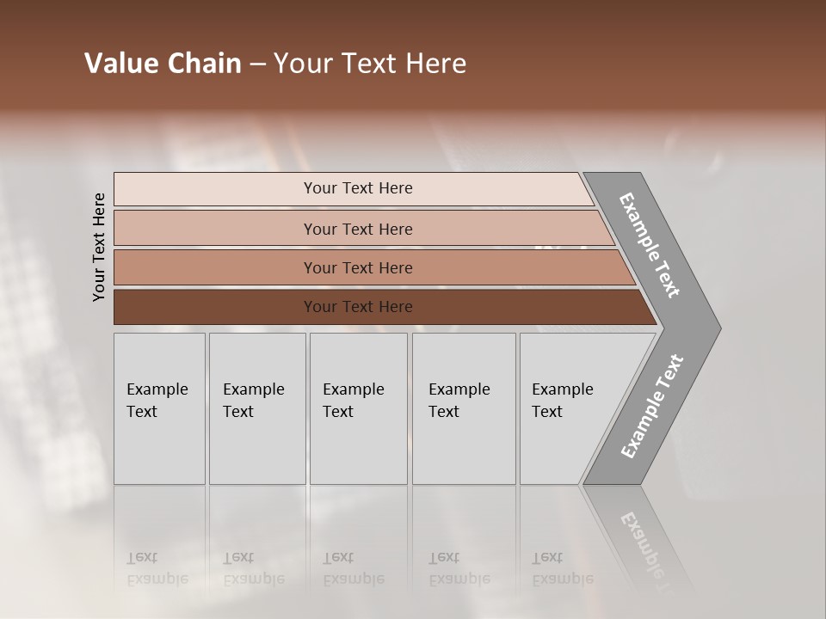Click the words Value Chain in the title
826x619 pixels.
point(163,64)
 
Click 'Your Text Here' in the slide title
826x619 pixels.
point(370,64)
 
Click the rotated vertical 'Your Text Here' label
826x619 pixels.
point(99,248)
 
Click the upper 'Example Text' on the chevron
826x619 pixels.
point(650,245)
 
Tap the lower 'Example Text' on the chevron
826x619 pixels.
point(651,407)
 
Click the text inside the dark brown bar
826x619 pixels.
point(358,307)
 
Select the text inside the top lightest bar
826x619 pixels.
point(358,188)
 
